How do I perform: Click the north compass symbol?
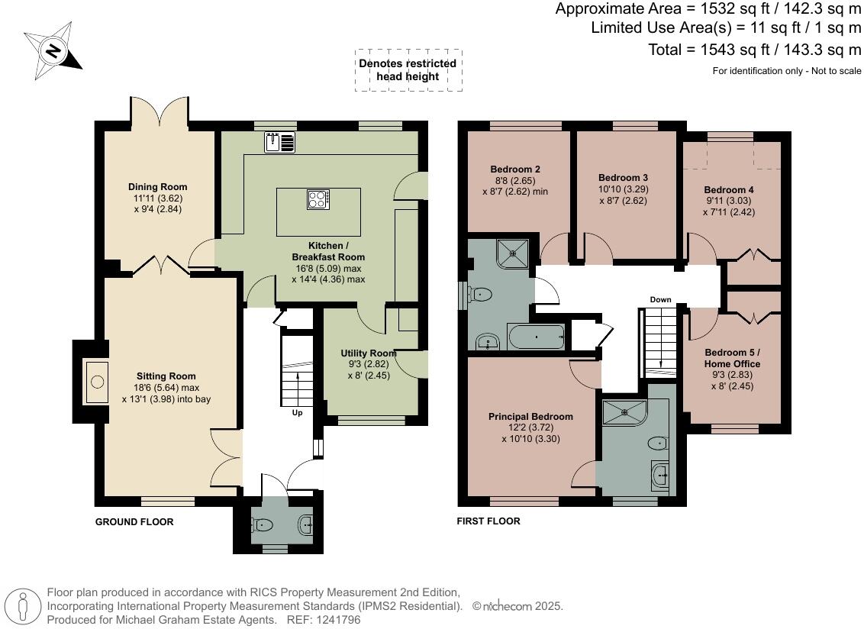(x=53, y=51)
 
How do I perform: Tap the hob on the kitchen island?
(x=318, y=199)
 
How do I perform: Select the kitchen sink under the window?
(x=281, y=142)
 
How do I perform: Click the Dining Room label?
(x=157, y=187)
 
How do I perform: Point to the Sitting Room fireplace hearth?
(x=97, y=381)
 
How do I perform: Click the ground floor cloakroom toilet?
(x=262, y=524)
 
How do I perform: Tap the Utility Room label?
(x=369, y=353)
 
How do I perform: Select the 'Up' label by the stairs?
(x=297, y=413)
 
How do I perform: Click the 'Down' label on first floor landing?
(x=660, y=299)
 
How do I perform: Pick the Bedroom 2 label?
(x=516, y=169)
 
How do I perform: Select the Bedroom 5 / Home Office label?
(x=732, y=358)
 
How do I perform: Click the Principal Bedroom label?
(x=530, y=417)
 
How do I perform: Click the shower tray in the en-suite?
(x=624, y=413)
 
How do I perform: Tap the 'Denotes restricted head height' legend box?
(x=408, y=70)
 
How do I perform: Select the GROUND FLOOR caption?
(x=134, y=522)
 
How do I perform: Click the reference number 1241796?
(x=343, y=620)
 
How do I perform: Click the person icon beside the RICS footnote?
(x=24, y=606)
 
